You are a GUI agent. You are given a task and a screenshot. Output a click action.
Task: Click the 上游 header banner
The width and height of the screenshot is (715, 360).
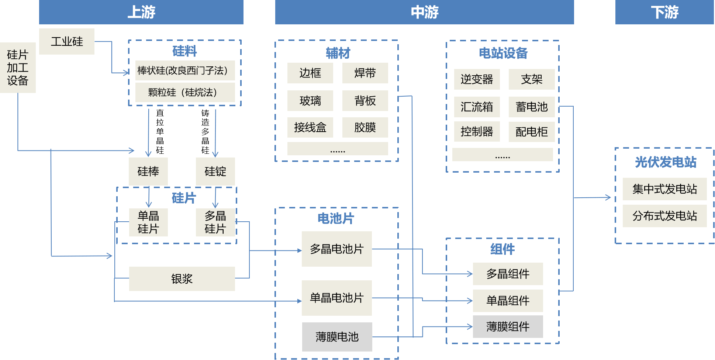tap(141, 12)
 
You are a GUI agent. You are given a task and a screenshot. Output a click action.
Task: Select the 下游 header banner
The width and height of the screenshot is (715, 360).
tap(664, 12)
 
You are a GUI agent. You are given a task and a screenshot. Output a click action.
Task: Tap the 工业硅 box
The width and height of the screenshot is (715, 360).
tap(67, 41)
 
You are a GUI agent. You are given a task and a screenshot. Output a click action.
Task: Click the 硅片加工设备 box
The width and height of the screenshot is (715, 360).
tap(18, 67)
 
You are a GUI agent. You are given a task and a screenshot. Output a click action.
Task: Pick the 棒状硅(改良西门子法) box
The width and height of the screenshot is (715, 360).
tap(185, 70)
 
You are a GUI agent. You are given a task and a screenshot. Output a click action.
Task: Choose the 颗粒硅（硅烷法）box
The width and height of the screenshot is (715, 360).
tap(185, 92)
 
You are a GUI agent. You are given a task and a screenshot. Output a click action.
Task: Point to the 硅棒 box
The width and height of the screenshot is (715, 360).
tap(148, 172)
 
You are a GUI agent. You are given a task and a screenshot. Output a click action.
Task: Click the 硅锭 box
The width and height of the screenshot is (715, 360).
tap(215, 172)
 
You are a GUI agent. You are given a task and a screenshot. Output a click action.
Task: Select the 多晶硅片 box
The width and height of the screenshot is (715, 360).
tap(215, 222)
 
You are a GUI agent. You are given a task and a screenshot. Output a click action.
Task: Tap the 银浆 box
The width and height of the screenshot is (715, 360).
tap(182, 279)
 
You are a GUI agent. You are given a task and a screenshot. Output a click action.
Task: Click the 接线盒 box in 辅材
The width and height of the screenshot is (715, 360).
tap(310, 128)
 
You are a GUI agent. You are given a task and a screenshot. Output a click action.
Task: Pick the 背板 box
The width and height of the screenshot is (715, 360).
tap(365, 101)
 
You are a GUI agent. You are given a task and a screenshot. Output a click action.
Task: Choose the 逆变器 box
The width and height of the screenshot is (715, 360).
tap(477, 79)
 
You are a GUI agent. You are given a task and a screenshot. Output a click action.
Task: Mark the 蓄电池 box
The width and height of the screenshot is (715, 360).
tap(532, 107)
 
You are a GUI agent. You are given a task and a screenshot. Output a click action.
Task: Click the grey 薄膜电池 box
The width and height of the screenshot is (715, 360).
tap(337, 337)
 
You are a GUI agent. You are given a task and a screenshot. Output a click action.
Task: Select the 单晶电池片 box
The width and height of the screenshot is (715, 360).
tap(336, 298)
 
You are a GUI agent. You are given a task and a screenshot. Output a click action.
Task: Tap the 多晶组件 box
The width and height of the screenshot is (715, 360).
tap(508, 274)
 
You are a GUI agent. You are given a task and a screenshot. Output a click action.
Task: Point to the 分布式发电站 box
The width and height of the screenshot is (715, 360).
tap(664, 216)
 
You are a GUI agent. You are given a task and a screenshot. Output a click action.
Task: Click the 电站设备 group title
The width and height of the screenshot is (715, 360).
tap(503, 53)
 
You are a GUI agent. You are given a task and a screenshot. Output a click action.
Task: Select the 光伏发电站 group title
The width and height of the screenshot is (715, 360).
tap(666, 162)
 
